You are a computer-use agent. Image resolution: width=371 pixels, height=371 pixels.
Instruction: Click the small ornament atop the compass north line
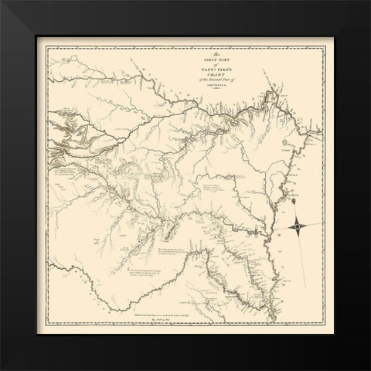[299, 184]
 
